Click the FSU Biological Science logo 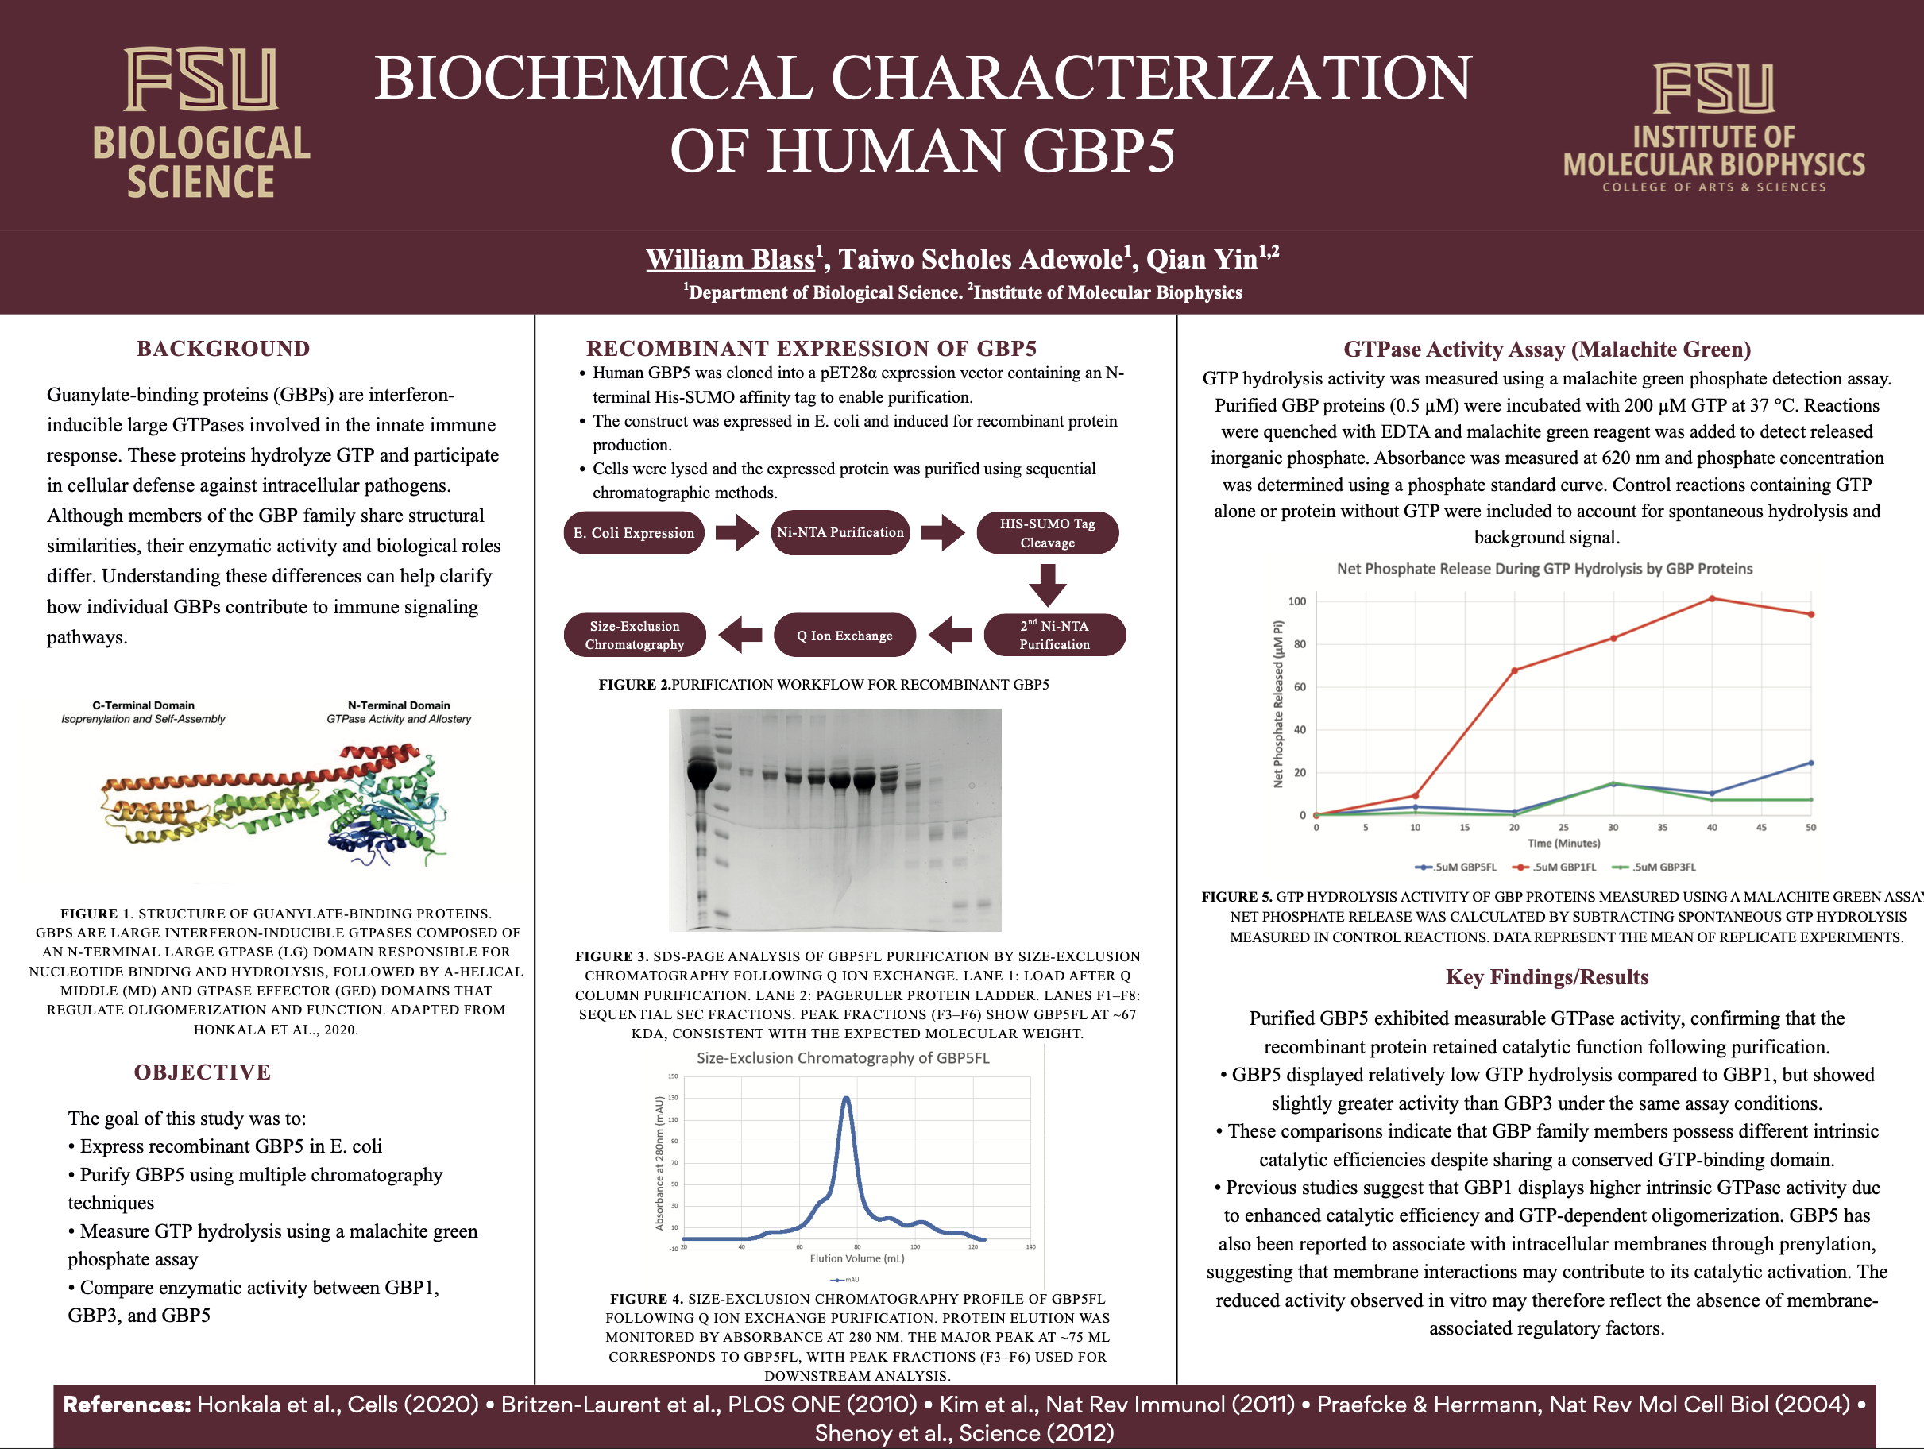(x=201, y=122)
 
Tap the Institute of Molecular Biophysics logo (x=1713, y=127)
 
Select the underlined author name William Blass (x=731, y=259)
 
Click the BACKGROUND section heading (x=223, y=349)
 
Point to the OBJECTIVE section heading (x=203, y=1072)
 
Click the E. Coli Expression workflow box (x=634, y=533)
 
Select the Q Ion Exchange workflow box (x=844, y=636)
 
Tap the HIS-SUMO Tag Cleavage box (x=1047, y=533)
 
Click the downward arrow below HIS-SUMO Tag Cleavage (x=1047, y=585)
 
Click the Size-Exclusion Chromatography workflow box (x=635, y=635)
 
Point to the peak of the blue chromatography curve (x=845, y=1099)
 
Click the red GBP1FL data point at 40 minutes (x=1712, y=598)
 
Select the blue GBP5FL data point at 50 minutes (x=1811, y=763)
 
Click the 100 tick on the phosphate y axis (x=1297, y=601)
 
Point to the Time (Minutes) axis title (x=1563, y=843)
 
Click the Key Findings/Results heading (x=1547, y=977)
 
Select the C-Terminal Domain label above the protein (x=144, y=705)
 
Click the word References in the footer (x=127, y=1405)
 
